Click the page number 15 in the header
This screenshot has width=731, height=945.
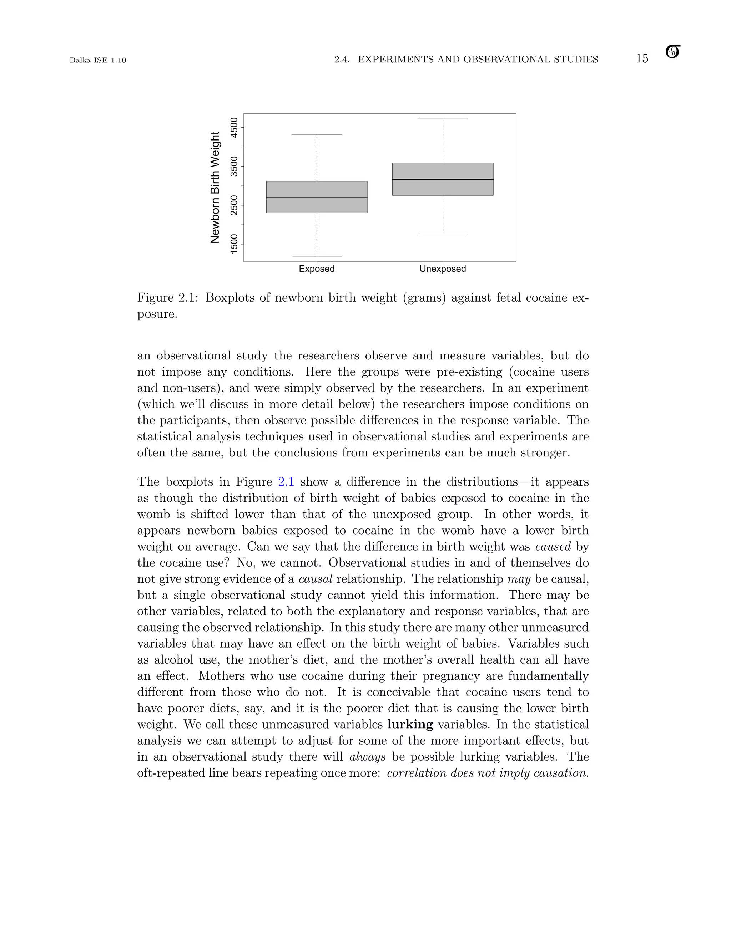click(x=642, y=59)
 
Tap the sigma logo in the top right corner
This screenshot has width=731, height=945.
click(x=672, y=52)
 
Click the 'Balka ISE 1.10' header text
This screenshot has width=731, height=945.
click(x=98, y=60)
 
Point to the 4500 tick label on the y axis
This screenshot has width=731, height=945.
click(x=234, y=127)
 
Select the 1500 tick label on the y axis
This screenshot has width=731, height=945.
click(x=234, y=244)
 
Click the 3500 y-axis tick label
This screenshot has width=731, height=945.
click(x=234, y=166)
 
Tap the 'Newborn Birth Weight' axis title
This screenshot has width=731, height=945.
click(x=215, y=187)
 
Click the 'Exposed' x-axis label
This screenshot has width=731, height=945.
click(x=317, y=269)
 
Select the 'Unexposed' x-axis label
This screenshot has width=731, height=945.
click(x=443, y=269)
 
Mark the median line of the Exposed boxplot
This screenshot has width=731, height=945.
click(x=317, y=198)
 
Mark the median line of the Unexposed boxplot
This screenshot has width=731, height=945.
click(x=443, y=179)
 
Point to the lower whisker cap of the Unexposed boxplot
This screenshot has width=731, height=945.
click(x=443, y=234)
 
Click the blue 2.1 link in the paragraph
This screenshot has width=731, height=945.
click(x=286, y=482)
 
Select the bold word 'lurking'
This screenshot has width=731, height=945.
click(x=410, y=724)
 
